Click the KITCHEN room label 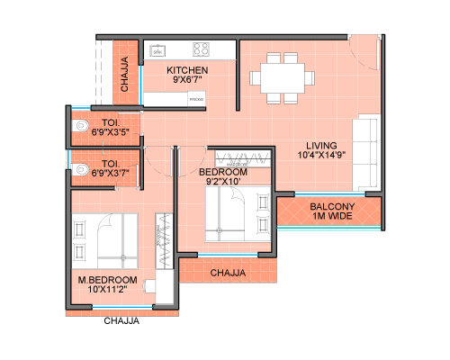tap(187, 70)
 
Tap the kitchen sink tap(157, 51)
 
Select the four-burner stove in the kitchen tap(201, 49)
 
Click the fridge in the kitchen tap(196, 99)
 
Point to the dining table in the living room tap(283, 78)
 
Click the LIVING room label tap(321, 146)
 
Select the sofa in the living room tap(367, 152)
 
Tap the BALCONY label tap(332, 206)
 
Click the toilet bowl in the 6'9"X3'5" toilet tap(80, 125)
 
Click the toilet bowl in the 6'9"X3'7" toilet tap(80, 169)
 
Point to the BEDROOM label tap(223, 172)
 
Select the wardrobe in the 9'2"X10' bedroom tap(243, 158)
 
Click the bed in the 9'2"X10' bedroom tap(238, 214)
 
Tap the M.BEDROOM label tap(107, 280)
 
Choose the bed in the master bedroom tap(104, 241)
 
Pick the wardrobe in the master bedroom tap(164, 241)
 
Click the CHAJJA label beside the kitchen tap(124, 74)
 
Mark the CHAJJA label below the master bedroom tap(121, 320)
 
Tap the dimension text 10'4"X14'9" tap(321, 155)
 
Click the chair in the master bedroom tap(149, 286)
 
